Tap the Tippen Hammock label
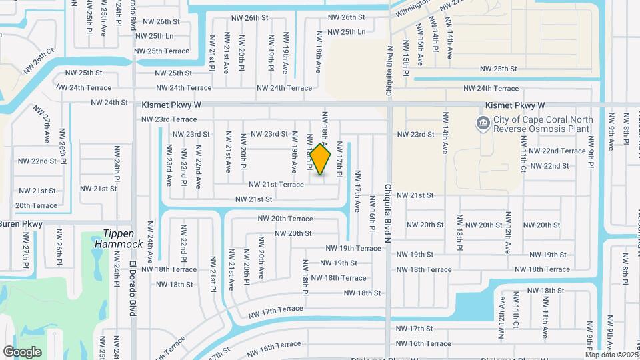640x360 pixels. (x=123, y=239)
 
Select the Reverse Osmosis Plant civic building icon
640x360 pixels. (x=482, y=123)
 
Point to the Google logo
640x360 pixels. (x=22, y=351)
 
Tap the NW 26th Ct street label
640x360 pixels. (x=38, y=60)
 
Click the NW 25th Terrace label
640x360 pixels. (x=162, y=51)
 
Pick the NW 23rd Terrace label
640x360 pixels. (x=169, y=119)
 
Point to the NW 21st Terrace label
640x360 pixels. (x=276, y=185)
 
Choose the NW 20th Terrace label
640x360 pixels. (x=285, y=219)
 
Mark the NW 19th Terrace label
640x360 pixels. (x=353, y=248)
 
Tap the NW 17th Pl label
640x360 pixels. (x=339, y=159)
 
